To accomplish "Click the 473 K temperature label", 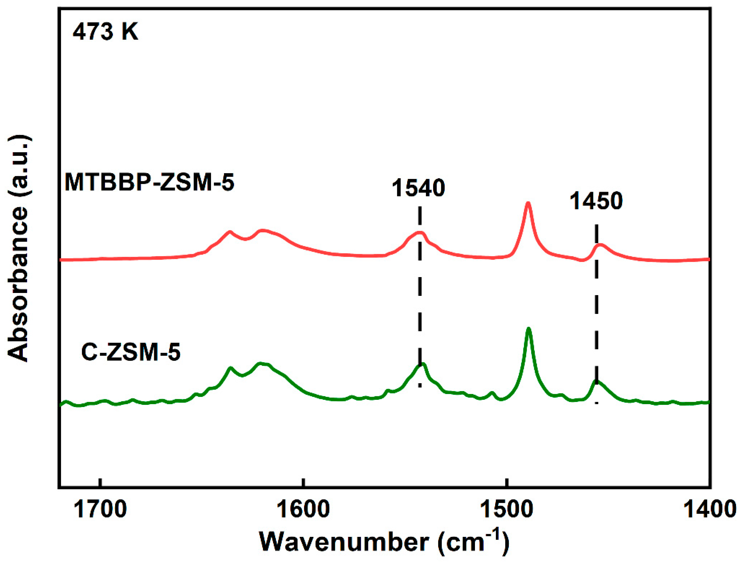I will click(x=105, y=33).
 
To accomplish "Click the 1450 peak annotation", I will click(x=596, y=201).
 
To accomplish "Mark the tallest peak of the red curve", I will click(x=528, y=203).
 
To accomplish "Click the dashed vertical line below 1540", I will click(x=420, y=303).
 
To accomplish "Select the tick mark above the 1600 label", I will click(x=304, y=482).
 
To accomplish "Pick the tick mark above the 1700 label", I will click(x=100, y=482).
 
